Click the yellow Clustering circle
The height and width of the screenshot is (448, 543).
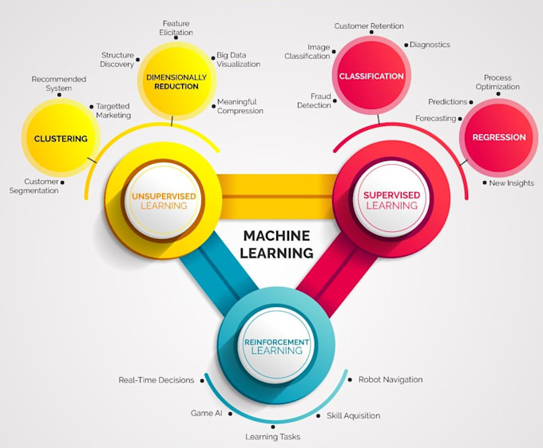[x=61, y=139]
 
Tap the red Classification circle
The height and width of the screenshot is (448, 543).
[x=371, y=77]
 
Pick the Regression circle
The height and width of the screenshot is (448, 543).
[x=498, y=137]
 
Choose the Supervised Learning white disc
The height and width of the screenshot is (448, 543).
[x=391, y=200]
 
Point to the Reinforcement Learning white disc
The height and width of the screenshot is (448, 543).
[x=273, y=345]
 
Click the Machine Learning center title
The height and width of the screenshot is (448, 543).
[x=277, y=244]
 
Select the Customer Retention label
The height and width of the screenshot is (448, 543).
[x=368, y=26]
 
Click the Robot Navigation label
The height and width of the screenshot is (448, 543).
[x=390, y=379]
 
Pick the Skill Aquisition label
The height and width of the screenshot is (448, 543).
[x=354, y=415]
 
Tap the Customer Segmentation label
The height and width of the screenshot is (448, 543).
[x=34, y=186]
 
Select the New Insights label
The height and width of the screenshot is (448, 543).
[x=512, y=183]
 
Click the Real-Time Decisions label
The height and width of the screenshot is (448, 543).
[x=157, y=380]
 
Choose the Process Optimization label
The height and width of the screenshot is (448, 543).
[x=498, y=82]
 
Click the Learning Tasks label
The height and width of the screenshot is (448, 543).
[x=273, y=437]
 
